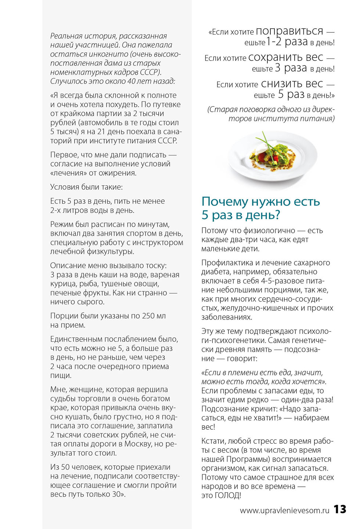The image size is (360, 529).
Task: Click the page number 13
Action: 340,509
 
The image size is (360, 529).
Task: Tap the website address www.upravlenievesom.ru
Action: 284,510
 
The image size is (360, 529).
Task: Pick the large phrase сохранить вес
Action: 285,57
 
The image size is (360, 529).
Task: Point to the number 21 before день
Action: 101,132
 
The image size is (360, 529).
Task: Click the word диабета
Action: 217,272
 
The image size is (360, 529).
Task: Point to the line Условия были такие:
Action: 86,187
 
